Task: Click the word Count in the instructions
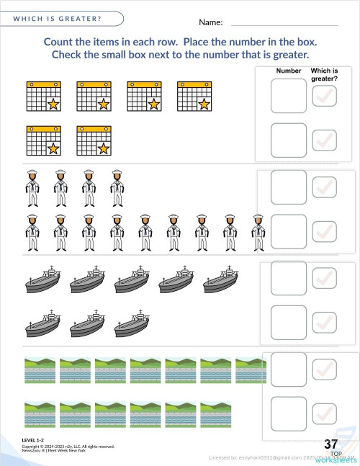(x=60, y=42)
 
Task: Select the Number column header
(x=289, y=71)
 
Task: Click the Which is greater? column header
(x=325, y=75)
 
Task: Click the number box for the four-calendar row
(x=289, y=96)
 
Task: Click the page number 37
(x=332, y=444)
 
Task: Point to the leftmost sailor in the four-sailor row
(x=32, y=188)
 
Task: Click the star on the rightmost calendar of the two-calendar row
(x=104, y=148)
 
